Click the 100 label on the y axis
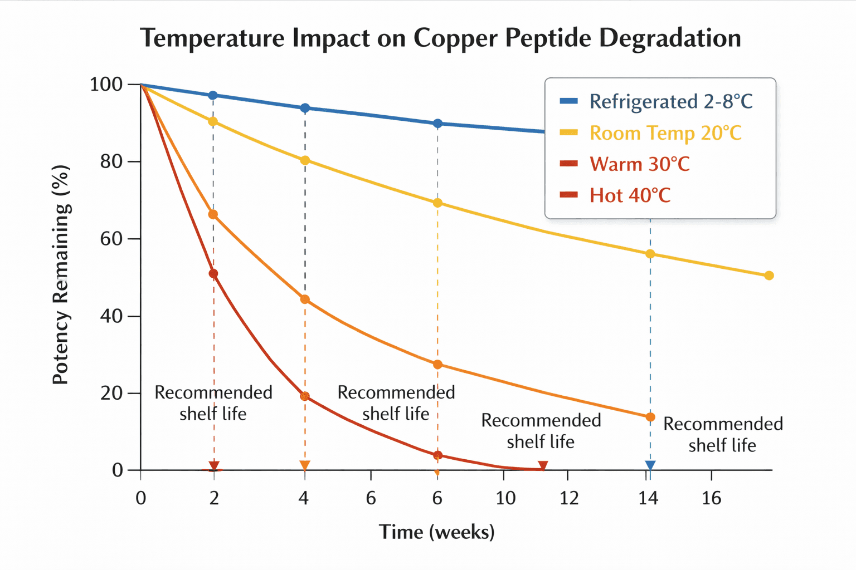[x=106, y=85]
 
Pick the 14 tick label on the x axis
[x=648, y=498]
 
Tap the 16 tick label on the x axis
[x=712, y=498]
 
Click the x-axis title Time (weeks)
[x=436, y=532]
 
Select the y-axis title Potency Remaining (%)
[x=61, y=274]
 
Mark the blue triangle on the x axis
[x=650, y=466]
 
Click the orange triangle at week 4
[x=304, y=465]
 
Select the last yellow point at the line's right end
[x=769, y=276]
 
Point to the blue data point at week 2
[x=213, y=96]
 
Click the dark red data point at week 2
[x=213, y=274]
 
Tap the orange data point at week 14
[x=650, y=417]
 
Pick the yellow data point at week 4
[x=305, y=160]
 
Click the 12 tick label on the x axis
[x=569, y=498]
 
